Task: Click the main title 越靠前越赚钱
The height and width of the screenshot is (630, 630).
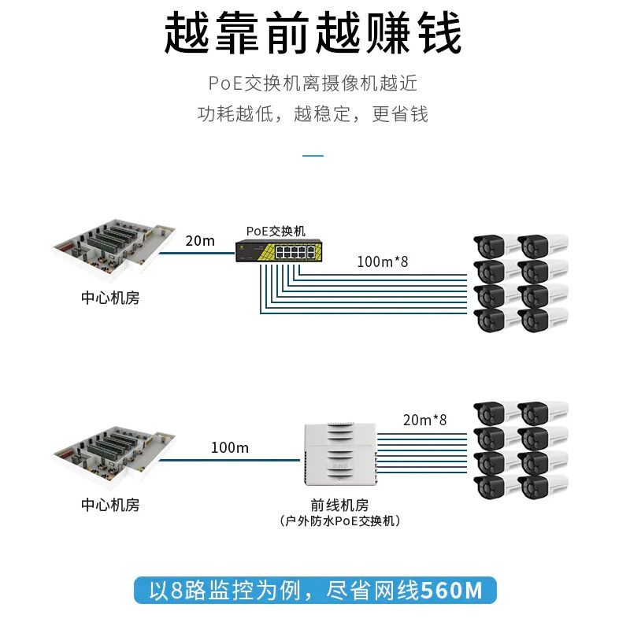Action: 313,32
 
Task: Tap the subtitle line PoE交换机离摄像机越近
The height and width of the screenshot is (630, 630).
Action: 313,83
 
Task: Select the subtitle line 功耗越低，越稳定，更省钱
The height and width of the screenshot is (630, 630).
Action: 313,114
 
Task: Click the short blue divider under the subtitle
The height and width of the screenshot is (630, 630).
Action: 313,155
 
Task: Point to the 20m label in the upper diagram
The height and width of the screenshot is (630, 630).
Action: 200,241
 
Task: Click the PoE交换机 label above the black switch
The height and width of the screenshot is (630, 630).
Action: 276,231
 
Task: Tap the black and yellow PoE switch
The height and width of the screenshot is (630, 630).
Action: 279,251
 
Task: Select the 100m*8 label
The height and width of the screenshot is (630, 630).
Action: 383,262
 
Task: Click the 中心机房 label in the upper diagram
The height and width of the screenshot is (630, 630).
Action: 110,298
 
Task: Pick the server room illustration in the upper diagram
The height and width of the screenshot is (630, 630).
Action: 114,246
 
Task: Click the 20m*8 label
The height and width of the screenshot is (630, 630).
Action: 424,420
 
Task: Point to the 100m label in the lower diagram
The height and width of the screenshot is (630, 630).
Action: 230,447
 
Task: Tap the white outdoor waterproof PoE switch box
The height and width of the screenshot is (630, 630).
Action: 340,454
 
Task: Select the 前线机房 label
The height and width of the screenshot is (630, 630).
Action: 339,505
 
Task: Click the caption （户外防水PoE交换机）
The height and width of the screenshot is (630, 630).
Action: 339,521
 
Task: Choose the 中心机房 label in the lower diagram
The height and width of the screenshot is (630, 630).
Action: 110,505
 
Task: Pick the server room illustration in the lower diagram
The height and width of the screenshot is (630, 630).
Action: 114,453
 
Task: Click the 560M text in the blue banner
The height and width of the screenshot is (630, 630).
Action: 451,590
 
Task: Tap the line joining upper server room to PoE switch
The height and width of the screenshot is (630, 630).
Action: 197,253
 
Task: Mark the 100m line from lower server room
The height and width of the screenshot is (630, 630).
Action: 229,460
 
